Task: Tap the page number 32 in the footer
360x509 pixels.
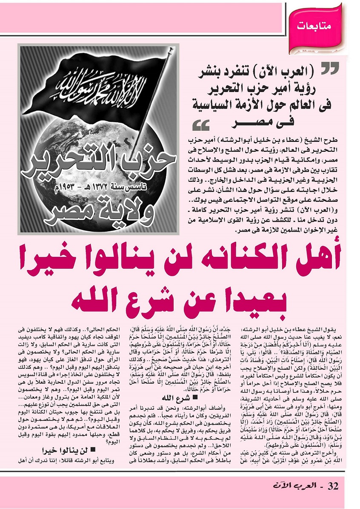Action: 333,496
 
